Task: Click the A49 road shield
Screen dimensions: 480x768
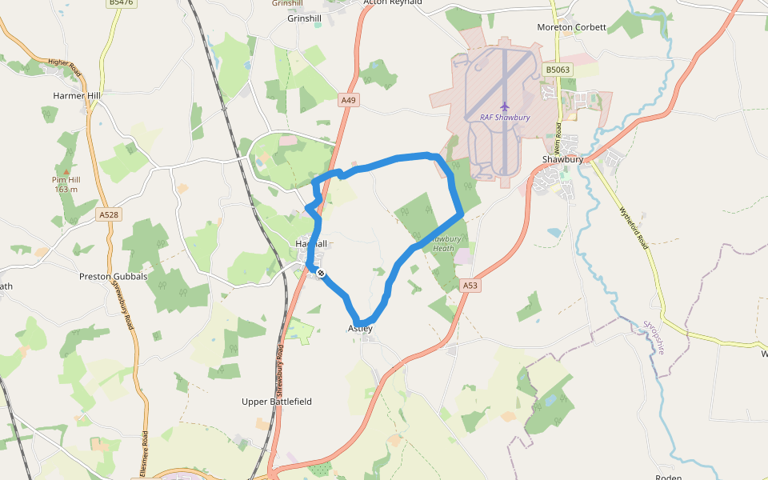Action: click(348, 100)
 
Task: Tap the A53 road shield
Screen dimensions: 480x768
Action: click(470, 286)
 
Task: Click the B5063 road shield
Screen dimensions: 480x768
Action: click(558, 70)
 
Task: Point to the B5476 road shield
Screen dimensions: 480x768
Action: click(120, 3)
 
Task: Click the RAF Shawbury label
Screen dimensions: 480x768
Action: click(505, 117)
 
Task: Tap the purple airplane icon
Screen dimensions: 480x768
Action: click(505, 106)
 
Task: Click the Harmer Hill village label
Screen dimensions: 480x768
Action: click(77, 96)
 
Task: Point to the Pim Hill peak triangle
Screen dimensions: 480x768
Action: click(66, 170)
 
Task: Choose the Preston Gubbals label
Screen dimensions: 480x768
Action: click(113, 277)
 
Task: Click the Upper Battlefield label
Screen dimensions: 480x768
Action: click(277, 402)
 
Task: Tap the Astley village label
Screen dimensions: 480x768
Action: click(360, 329)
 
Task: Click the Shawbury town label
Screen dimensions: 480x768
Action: click(562, 159)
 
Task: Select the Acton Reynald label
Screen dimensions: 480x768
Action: click(392, 2)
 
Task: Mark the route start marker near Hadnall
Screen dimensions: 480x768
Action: click(321, 274)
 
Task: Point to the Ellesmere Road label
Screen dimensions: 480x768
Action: click(145, 449)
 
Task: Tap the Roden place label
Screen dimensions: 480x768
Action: click(667, 477)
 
